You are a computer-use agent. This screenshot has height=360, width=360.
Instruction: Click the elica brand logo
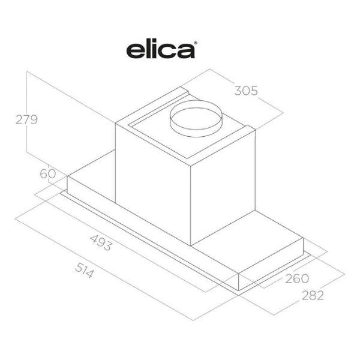click(x=161, y=50)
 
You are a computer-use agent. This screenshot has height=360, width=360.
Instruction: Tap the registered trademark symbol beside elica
click(x=196, y=43)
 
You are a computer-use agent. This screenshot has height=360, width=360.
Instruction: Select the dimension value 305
click(x=246, y=91)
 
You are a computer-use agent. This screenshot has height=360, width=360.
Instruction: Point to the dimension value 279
click(x=26, y=119)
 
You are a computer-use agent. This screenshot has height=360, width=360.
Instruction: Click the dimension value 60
click(x=48, y=173)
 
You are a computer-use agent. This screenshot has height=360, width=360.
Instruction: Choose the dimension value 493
click(x=101, y=242)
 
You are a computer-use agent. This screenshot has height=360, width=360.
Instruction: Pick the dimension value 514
click(x=85, y=271)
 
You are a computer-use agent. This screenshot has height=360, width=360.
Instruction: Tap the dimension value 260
click(x=297, y=278)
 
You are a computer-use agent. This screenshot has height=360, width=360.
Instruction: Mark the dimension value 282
click(x=313, y=295)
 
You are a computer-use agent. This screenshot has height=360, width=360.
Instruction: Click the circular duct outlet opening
click(x=196, y=119)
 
